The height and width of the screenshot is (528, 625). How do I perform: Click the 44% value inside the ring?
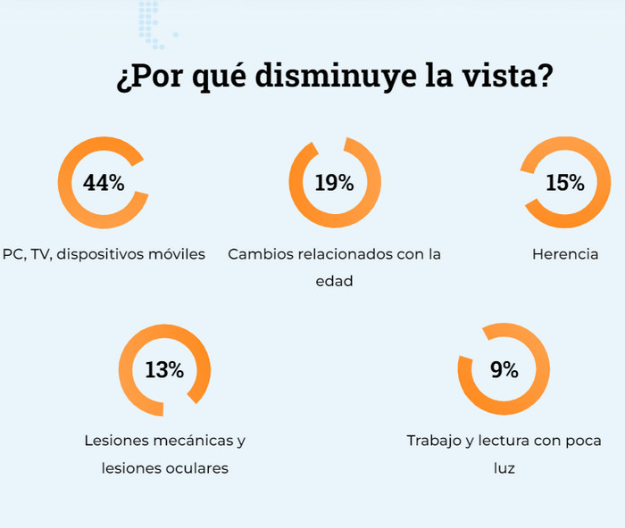(x=104, y=183)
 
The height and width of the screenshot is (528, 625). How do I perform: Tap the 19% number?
(x=335, y=183)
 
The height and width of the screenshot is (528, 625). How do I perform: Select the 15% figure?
(x=565, y=183)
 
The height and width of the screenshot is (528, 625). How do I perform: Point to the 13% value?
(x=164, y=370)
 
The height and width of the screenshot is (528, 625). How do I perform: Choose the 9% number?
(x=504, y=370)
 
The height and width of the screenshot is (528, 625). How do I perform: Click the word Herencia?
(x=565, y=254)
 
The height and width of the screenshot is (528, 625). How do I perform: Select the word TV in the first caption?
(x=40, y=254)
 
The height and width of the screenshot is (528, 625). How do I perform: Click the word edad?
(x=335, y=281)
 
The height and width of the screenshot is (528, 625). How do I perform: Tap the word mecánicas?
(x=186, y=441)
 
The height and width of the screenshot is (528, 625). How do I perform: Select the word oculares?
(x=197, y=467)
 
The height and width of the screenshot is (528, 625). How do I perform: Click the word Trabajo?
(x=435, y=441)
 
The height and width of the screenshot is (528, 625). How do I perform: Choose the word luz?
(x=504, y=467)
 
